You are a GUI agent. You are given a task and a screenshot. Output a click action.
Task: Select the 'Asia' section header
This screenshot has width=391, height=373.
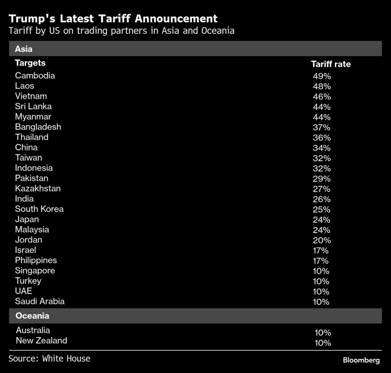[x=24, y=49]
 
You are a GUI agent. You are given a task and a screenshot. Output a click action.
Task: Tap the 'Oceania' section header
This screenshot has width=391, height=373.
[x=32, y=316]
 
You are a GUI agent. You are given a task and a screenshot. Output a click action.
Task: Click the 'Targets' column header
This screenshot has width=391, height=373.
[x=30, y=63]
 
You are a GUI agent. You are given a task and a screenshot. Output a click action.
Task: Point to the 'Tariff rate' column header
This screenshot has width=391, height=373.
[x=330, y=64]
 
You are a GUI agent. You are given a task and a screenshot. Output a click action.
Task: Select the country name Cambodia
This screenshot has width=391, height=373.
[x=35, y=76]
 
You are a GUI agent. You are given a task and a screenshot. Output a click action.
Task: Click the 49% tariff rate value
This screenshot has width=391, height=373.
[x=321, y=76]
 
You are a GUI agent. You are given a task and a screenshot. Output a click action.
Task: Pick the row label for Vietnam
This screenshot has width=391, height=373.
[x=31, y=96]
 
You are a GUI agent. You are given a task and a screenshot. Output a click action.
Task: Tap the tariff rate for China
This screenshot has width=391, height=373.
[x=321, y=148]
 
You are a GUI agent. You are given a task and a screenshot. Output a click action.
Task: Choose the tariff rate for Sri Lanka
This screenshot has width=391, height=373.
[x=321, y=107]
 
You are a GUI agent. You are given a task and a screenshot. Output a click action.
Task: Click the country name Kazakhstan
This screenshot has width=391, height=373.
[x=38, y=189]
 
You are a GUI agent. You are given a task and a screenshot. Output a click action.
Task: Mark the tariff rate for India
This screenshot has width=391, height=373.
[x=321, y=199]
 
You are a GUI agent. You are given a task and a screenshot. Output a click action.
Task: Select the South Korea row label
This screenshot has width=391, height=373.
[x=39, y=209]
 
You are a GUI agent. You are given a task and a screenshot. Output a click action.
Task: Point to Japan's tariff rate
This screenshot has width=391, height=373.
[x=321, y=220]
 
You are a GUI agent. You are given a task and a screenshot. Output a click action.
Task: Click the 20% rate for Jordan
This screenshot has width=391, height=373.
[x=321, y=240]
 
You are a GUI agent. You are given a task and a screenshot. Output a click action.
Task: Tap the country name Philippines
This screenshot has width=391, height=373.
[x=35, y=260]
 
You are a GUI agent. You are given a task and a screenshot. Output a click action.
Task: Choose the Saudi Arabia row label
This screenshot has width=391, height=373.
[x=40, y=301]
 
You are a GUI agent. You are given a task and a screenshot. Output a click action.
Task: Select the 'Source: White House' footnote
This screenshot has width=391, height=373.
[x=49, y=359]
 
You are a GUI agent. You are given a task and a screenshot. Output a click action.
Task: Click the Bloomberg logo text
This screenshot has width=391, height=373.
[x=361, y=360]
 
